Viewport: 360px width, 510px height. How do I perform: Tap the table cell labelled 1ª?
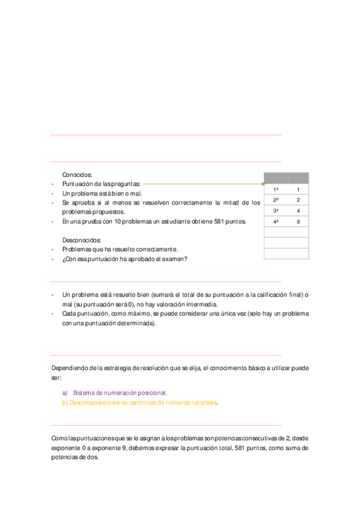pyautogui.click(x=275, y=189)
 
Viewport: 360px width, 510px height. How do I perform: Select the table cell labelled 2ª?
pyautogui.click(x=275, y=200)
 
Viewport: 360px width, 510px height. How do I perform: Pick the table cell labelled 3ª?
pyautogui.click(x=275, y=210)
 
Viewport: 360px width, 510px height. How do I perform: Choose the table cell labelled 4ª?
pyautogui.click(x=275, y=222)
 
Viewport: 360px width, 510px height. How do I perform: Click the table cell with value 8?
pyautogui.click(x=298, y=222)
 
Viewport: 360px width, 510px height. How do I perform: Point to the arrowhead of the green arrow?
pyautogui.click(x=261, y=183)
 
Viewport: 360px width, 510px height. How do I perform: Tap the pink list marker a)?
pyautogui.click(x=65, y=393)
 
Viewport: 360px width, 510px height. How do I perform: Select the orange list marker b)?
pyautogui.click(x=65, y=403)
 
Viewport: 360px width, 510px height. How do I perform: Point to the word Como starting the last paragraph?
pyautogui.click(x=59, y=438)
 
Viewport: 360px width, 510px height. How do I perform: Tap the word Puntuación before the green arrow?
pyautogui.click(x=80, y=183)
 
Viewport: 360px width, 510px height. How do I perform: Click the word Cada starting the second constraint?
pyautogui.click(x=69, y=314)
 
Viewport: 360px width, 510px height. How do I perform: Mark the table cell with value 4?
pyautogui.click(x=298, y=210)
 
